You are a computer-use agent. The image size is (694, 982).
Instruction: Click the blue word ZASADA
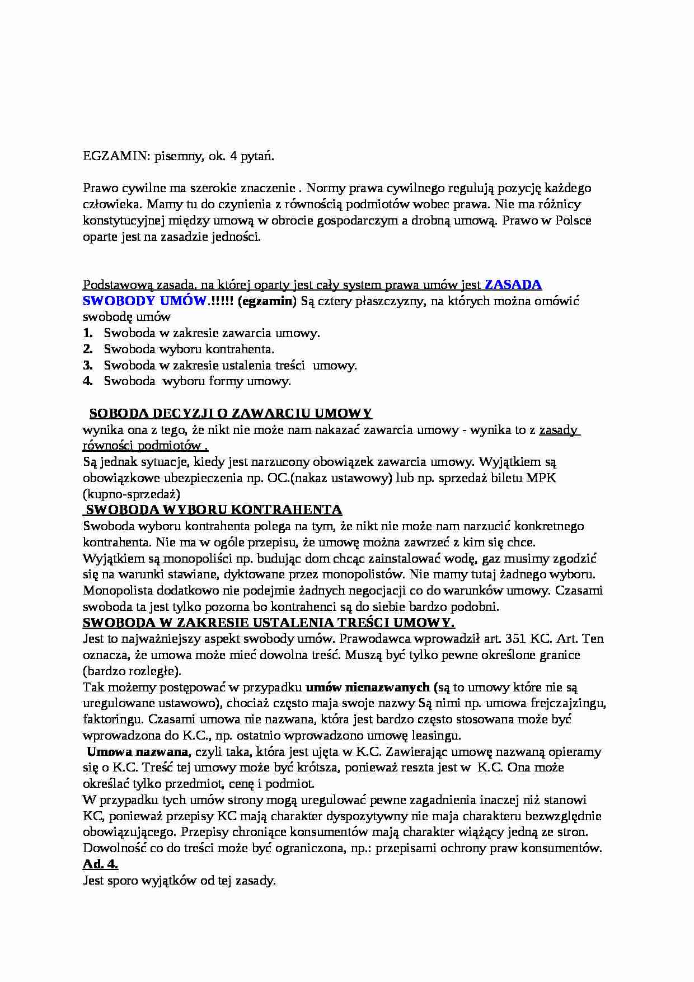coord(513,284)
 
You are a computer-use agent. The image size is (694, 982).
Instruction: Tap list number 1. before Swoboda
coord(88,333)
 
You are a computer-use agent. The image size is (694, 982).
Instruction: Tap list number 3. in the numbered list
coord(88,366)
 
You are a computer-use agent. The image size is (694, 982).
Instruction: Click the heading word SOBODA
coord(117,414)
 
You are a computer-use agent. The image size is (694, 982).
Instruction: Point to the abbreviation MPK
coord(541,478)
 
